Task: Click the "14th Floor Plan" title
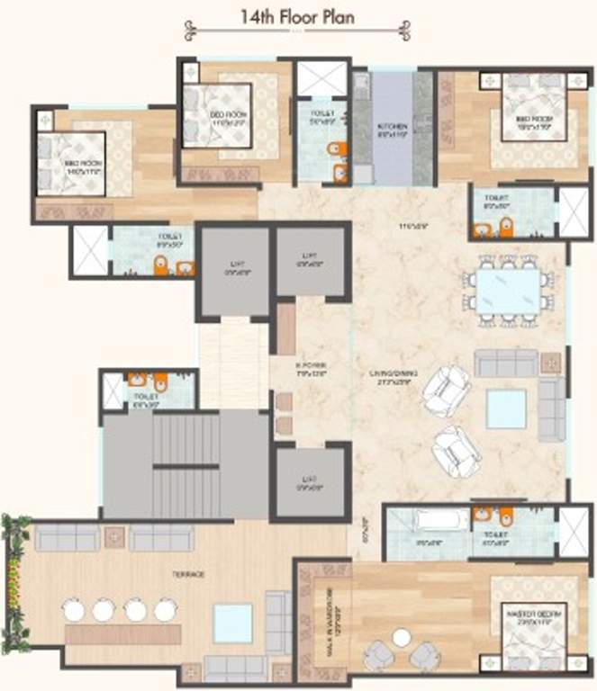coord(298,16)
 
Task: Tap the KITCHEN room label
coord(393,130)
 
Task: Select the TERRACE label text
coord(189,574)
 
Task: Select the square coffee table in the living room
coord(506,409)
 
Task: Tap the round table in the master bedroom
coord(402,638)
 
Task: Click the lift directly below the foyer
coord(310,483)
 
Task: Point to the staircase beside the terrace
coord(185,464)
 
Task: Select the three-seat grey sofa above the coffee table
coord(506,363)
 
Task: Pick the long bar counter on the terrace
coord(118,633)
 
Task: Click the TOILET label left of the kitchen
coord(321,114)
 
